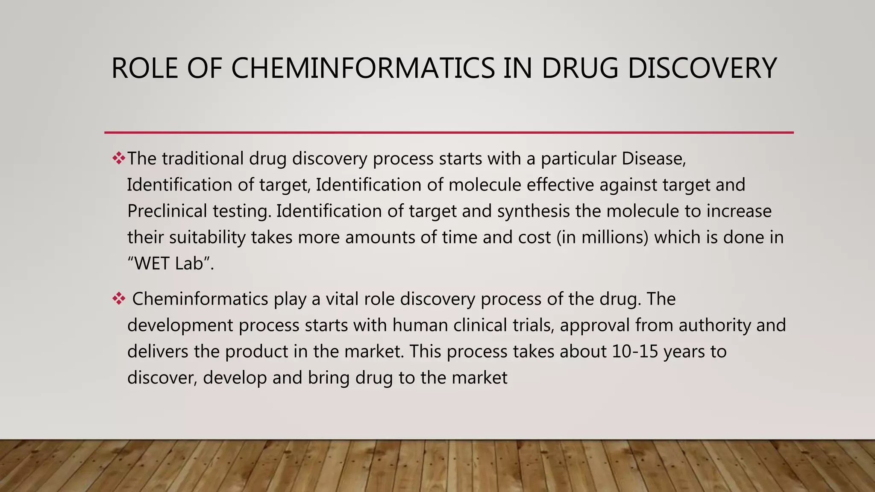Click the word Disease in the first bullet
coord(653,158)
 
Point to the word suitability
coord(207,237)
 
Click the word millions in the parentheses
coord(615,237)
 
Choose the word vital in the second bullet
coord(342,299)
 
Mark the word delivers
coord(158,351)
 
